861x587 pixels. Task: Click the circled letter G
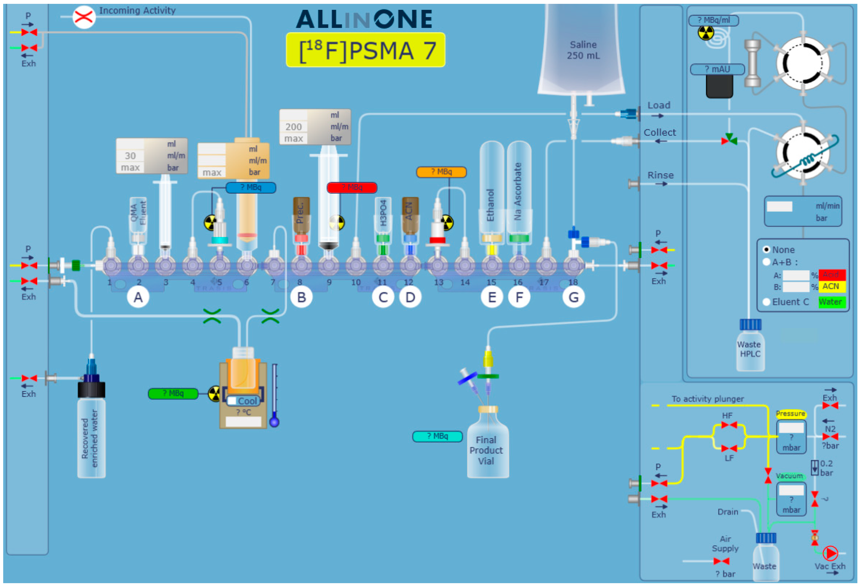(x=573, y=297)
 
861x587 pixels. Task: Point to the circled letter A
(x=138, y=297)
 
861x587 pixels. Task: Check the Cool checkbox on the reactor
(x=232, y=401)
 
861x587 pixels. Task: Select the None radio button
(x=766, y=249)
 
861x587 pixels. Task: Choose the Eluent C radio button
(x=766, y=302)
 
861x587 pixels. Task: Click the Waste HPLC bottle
(x=750, y=348)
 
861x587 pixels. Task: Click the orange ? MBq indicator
(x=441, y=172)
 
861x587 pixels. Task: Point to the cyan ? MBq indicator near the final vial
(x=437, y=436)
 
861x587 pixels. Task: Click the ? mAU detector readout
(x=717, y=69)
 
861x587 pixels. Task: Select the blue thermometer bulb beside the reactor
(x=274, y=422)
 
